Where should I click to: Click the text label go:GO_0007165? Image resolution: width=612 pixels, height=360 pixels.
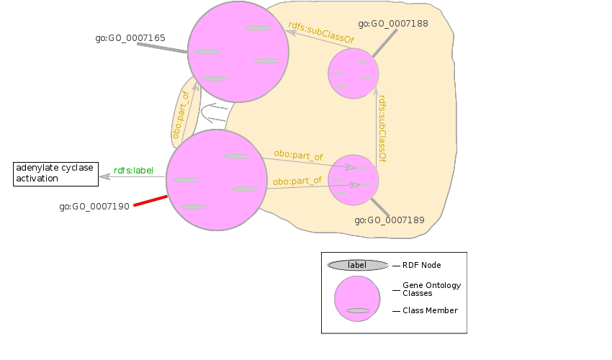pos(130,38)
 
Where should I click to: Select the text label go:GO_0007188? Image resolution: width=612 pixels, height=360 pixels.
pos(393,24)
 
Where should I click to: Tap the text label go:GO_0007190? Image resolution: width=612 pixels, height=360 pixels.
pos(94,207)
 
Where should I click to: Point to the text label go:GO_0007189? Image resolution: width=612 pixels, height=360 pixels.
pos(390,220)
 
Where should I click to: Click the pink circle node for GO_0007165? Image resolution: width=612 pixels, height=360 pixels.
pos(238,52)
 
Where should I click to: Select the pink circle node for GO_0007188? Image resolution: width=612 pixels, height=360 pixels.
pos(354,73)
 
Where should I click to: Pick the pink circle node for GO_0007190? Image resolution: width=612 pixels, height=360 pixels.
pos(217,180)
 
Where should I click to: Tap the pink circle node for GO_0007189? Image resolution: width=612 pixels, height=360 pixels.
pos(354,180)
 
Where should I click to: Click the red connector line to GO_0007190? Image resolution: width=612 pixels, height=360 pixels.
pos(150,200)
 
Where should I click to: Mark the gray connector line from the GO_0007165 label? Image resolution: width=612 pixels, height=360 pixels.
pos(162,48)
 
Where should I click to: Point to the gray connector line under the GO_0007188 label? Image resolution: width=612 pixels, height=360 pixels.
pos(385,43)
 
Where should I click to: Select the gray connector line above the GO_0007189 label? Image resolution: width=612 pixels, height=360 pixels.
pos(380,208)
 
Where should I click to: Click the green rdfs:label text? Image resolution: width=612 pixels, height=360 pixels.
pos(134,171)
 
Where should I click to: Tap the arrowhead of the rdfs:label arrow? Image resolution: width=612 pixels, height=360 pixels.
pos(104,176)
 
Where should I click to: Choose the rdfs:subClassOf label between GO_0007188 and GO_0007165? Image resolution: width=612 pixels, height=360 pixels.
pos(321,33)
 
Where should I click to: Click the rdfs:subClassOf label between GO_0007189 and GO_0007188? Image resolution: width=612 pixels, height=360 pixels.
pos(382,128)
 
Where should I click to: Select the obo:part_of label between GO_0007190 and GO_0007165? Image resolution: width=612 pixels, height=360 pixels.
pos(181,114)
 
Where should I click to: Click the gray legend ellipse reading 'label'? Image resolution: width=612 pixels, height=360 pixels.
pos(357,265)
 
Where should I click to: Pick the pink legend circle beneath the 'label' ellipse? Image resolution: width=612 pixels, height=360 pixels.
pos(357,298)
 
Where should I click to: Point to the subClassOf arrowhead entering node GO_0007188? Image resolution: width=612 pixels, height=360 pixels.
pos(375,90)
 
